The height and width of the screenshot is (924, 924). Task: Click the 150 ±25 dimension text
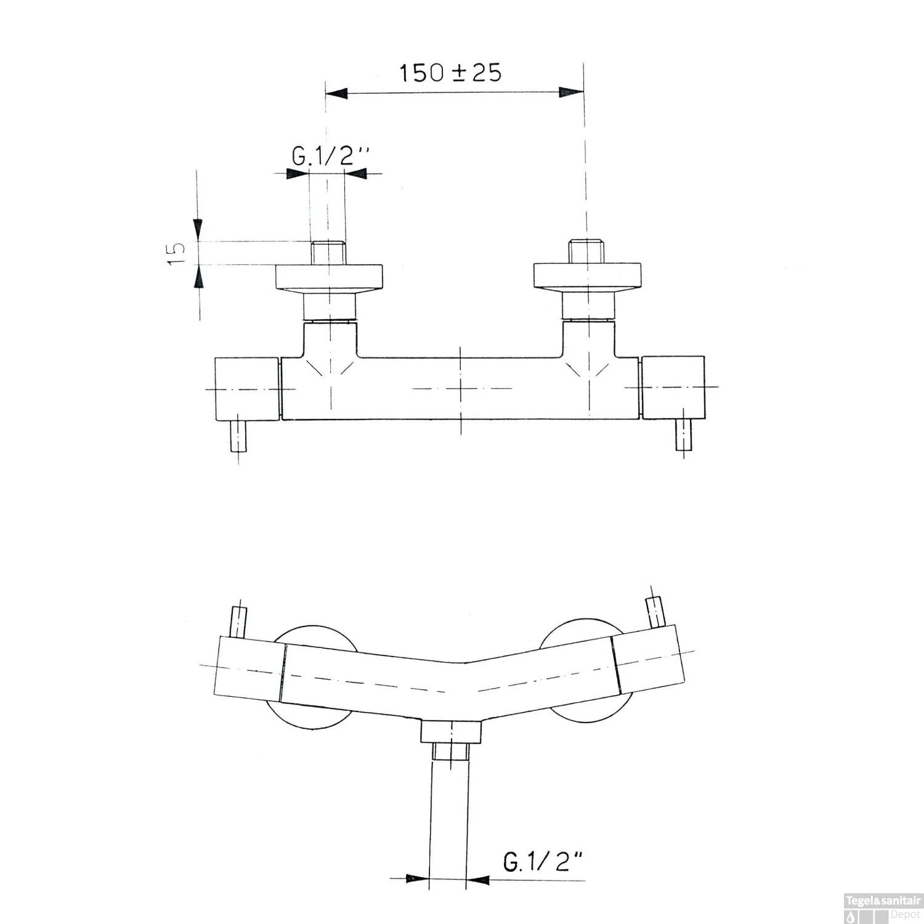pos(451,73)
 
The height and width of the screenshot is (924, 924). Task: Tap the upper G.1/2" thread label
pos(330,158)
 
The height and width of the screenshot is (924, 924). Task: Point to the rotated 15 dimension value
pos(177,253)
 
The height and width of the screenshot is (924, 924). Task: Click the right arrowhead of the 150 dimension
pos(571,92)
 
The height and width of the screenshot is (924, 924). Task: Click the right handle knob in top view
pos(673,387)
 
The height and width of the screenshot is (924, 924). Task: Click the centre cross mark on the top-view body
pos(461,389)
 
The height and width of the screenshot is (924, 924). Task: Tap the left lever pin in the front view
pos(238,622)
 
